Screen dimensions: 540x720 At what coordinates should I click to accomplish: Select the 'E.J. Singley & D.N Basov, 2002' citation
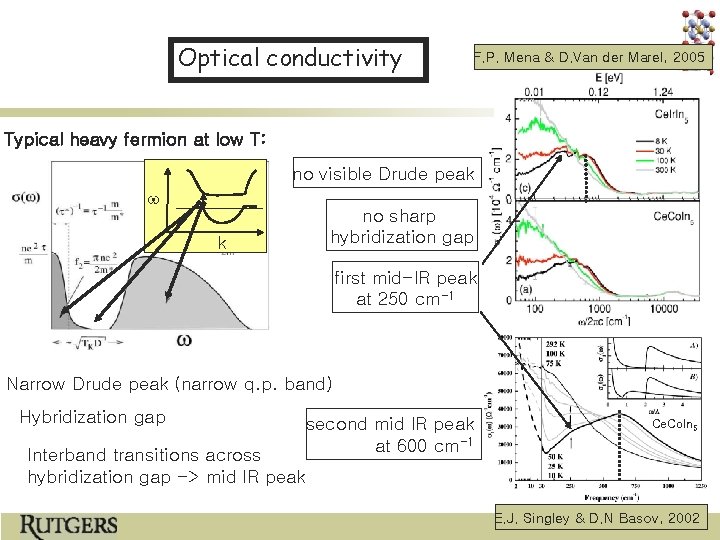coord(597,518)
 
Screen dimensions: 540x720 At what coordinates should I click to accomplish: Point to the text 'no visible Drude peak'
coord(383,175)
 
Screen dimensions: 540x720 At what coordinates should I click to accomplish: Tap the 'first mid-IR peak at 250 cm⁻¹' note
coord(406,288)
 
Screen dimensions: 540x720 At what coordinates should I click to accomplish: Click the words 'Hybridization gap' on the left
coord(93,417)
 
